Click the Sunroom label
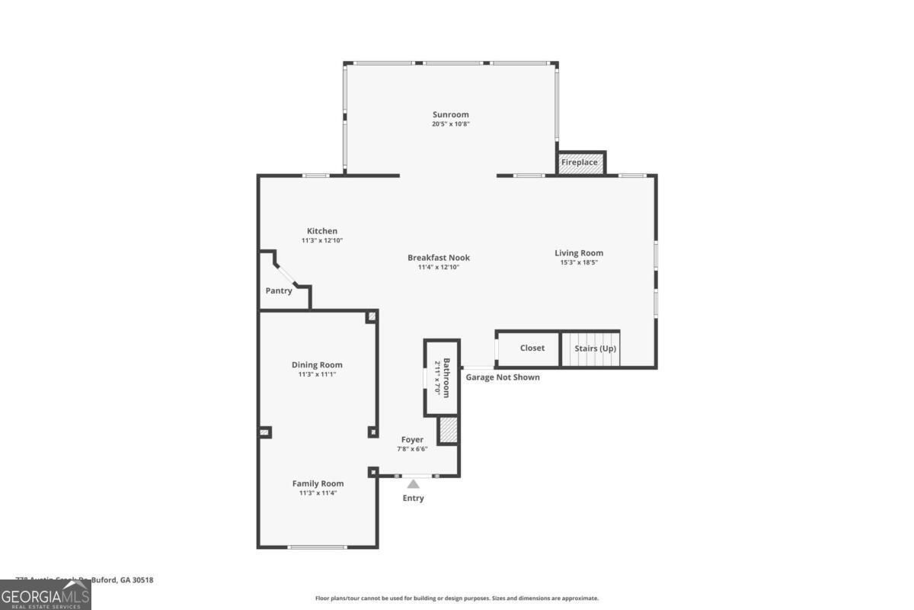point(451,115)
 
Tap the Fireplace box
point(580,162)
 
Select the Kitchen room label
point(322,231)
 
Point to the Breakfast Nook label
point(439,258)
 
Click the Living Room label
point(579,253)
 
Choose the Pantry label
point(279,291)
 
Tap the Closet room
point(532,348)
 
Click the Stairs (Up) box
point(595,348)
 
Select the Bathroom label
point(447,377)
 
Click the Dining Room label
point(317,364)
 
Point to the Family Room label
point(318,483)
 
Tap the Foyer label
point(412,439)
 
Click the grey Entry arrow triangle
point(413,483)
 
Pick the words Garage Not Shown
point(503,377)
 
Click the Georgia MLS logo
point(46,595)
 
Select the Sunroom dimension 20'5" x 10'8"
point(451,124)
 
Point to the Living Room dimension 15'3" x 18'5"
point(579,262)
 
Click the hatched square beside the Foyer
point(448,430)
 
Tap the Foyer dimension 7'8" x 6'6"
point(412,448)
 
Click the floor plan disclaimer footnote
point(457,599)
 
